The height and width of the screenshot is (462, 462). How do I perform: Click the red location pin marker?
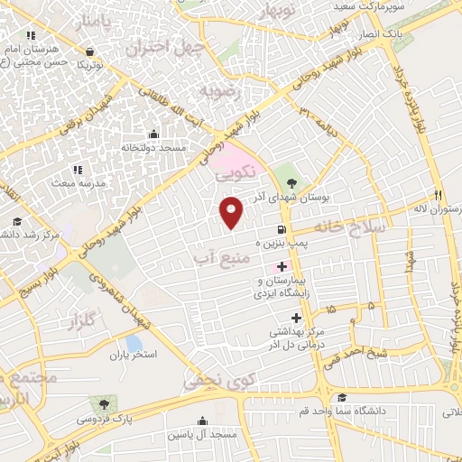click(232, 211)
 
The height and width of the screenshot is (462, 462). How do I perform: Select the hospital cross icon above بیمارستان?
click(282, 266)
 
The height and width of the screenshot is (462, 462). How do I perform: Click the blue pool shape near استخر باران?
click(134, 343)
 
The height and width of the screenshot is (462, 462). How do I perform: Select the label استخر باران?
click(134, 356)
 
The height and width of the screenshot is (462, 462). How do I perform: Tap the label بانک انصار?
click(379, 33)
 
